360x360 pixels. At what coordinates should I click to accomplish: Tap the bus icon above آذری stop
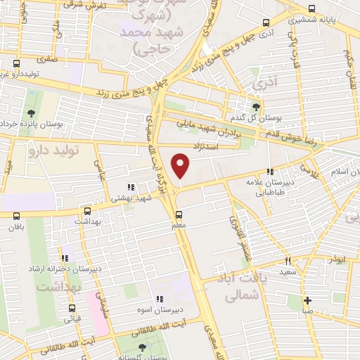tap(264, 22)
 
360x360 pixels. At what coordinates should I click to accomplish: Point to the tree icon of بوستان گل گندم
tap(256, 106)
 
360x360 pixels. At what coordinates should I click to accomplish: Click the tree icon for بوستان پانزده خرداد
tap(30, 113)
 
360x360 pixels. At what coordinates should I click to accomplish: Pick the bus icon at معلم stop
tap(178, 214)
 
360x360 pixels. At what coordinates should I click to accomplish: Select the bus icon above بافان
tap(16, 217)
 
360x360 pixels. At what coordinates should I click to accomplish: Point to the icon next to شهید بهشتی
tap(130, 187)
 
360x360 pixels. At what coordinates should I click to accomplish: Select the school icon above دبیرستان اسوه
tap(159, 298)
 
